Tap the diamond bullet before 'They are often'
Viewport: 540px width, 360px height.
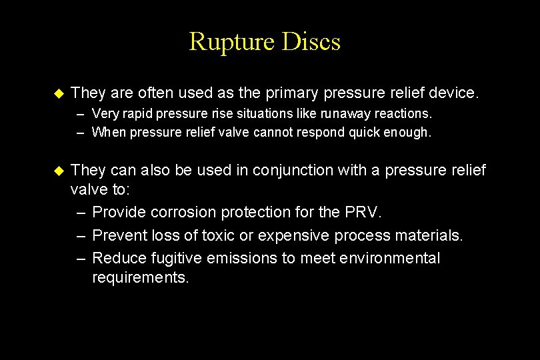click(x=57, y=93)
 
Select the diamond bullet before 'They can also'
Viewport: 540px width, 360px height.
click(x=57, y=171)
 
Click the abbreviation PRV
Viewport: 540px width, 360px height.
click(x=365, y=212)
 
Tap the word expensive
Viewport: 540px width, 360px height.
click(x=294, y=235)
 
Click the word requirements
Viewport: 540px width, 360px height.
click(x=141, y=277)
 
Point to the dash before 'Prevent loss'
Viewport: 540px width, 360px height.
click(x=81, y=235)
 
